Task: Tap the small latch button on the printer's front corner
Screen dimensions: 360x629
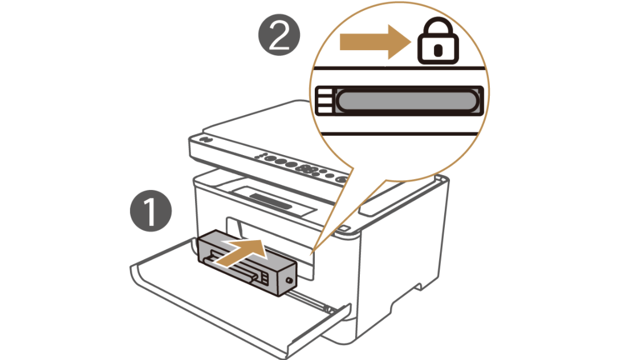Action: click(346, 229)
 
